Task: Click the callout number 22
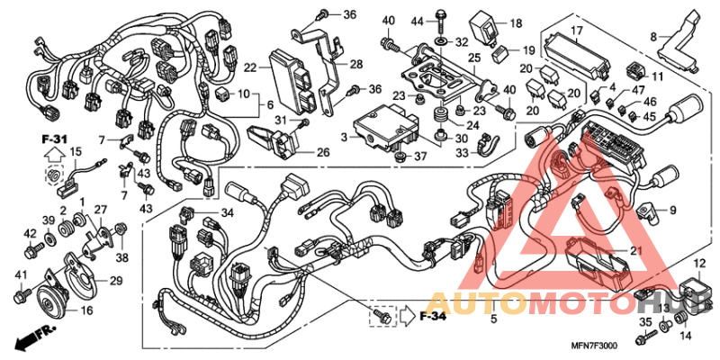(250, 67)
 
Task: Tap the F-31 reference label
(54, 138)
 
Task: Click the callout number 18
(517, 23)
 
